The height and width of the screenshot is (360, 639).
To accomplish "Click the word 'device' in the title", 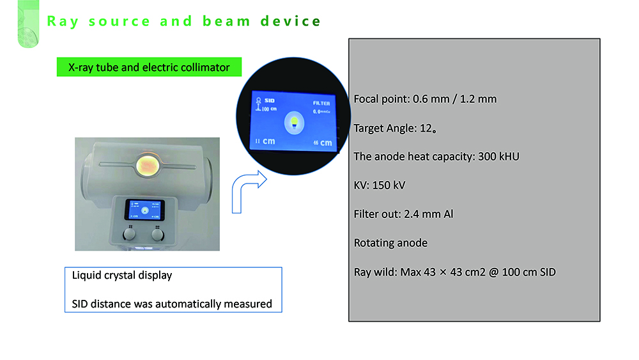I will tap(291, 21).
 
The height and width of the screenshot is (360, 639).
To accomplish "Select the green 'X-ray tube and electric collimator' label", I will tap(148, 67).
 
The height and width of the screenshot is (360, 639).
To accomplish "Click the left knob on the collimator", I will tap(130, 235).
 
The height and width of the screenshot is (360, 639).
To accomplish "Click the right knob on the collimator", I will tap(157, 235).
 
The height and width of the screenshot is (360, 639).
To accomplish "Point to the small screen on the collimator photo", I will tap(144, 211).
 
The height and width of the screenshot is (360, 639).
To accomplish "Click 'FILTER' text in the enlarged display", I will tap(321, 103).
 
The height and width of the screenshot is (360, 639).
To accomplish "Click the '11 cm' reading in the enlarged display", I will tap(265, 141).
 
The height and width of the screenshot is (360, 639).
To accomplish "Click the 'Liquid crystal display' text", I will tap(122, 276).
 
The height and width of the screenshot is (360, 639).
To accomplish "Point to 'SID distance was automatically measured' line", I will tap(172, 304).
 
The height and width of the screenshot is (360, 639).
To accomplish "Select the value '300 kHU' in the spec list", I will tap(499, 156).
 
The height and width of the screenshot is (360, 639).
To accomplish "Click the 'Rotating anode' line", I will tap(390, 242).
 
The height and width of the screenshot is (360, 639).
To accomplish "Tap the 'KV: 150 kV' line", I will tap(380, 185).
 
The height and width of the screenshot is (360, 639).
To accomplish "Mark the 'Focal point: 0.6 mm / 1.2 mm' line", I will tap(425, 99).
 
